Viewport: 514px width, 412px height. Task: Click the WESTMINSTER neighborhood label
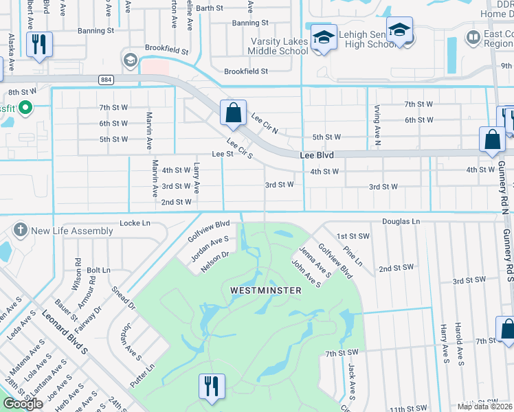tap(265, 290)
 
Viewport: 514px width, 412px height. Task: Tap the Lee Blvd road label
tap(317, 156)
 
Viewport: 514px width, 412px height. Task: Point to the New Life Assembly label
tap(71, 231)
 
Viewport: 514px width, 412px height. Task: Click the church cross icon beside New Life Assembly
tap(20, 230)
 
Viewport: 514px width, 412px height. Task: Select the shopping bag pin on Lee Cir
tap(233, 113)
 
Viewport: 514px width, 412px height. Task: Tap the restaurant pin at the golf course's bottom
tap(211, 385)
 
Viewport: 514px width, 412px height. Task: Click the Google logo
tap(23, 404)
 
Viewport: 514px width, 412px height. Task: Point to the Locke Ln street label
tap(135, 223)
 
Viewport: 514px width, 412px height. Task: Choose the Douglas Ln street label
tap(401, 222)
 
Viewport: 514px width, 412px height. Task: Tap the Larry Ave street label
tap(197, 177)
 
